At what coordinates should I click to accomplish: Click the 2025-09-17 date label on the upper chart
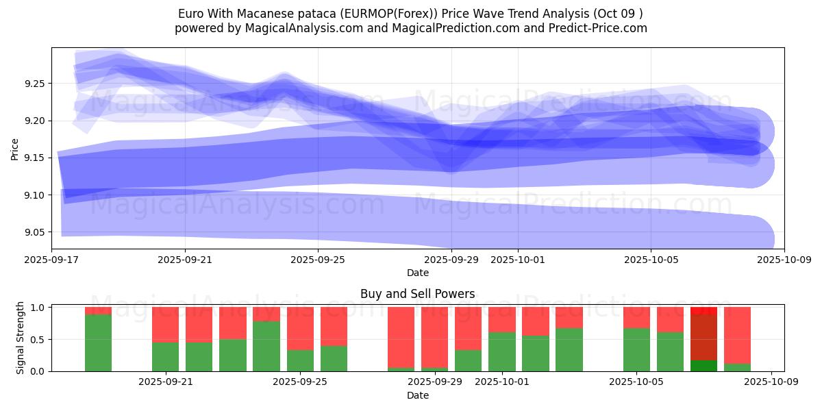point(51,260)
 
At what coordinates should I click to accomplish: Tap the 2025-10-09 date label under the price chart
point(784,260)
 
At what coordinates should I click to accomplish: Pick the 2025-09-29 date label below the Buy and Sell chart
point(435,382)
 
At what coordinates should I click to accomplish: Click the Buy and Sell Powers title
point(417,294)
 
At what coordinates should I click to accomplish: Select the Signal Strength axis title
point(21,338)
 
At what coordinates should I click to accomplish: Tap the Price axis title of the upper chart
point(15,149)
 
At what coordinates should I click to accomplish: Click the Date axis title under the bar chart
point(417,395)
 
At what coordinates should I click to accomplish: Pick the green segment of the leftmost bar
point(98,342)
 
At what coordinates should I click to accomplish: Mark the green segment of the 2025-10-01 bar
point(502,351)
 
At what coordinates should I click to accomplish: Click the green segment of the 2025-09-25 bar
point(300,360)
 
